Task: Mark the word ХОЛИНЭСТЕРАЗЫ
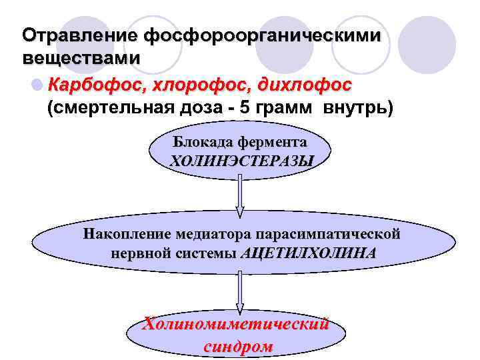tap(241, 161)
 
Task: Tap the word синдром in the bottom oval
tap(238, 347)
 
